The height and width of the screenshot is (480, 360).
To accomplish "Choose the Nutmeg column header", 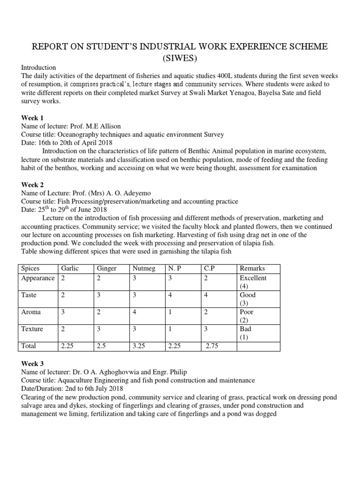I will pos(142,269).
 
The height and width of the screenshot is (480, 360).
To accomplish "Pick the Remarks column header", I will pos(252,269).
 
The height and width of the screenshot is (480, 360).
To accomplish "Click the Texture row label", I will pos(32,329).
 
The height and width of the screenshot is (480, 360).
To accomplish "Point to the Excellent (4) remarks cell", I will pos(253,282).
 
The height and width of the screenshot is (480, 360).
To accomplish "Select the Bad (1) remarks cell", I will pos(246,333).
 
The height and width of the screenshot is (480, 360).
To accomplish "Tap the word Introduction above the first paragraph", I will pos(39,67).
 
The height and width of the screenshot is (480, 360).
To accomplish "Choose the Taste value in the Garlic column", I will pos(63,295).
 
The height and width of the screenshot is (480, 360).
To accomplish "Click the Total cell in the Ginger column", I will pos(102,346).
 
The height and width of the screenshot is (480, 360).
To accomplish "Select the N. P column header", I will pos(174,269).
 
